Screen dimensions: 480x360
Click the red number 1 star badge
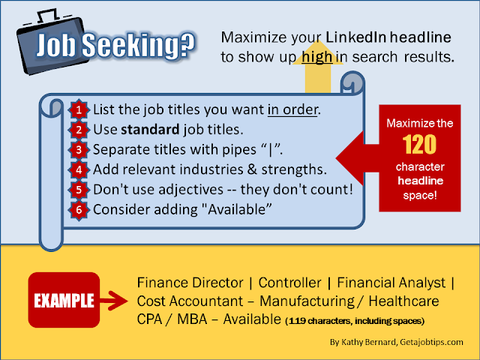click(79, 109)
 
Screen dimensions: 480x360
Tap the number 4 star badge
click(79, 169)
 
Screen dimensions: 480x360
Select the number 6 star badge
click(79, 210)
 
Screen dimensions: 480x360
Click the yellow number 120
click(419, 145)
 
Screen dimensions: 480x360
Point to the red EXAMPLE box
click(64, 300)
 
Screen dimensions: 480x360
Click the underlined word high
click(316, 57)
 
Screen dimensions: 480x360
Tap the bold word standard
click(150, 129)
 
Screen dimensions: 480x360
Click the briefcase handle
click(48, 16)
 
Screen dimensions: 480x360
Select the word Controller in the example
click(289, 283)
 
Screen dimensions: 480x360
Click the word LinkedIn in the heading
click(355, 37)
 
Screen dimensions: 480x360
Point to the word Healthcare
click(403, 301)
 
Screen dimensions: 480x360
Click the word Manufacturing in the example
click(307, 301)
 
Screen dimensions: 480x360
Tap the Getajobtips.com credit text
click(431, 342)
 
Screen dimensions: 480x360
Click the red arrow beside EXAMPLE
click(114, 301)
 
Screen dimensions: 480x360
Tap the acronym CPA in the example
click(149, 319)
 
